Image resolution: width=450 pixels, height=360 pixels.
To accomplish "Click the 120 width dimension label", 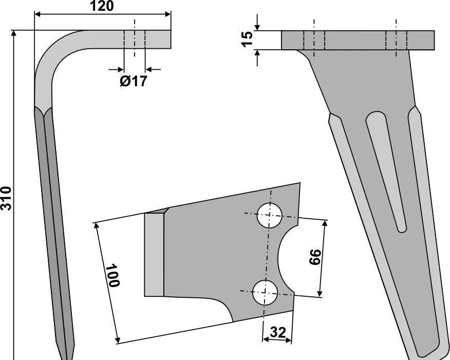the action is (102, 6).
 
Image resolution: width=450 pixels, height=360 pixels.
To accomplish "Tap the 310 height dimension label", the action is (6, 198).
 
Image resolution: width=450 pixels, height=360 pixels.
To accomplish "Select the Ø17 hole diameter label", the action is (133, 81).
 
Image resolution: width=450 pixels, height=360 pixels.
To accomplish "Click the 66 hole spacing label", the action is (315, 257).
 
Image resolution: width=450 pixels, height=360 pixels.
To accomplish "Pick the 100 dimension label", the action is (113, 275).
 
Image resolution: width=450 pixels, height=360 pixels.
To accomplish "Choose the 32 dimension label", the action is (278, 332).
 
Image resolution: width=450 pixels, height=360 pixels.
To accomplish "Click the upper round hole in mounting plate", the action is (269, 215).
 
